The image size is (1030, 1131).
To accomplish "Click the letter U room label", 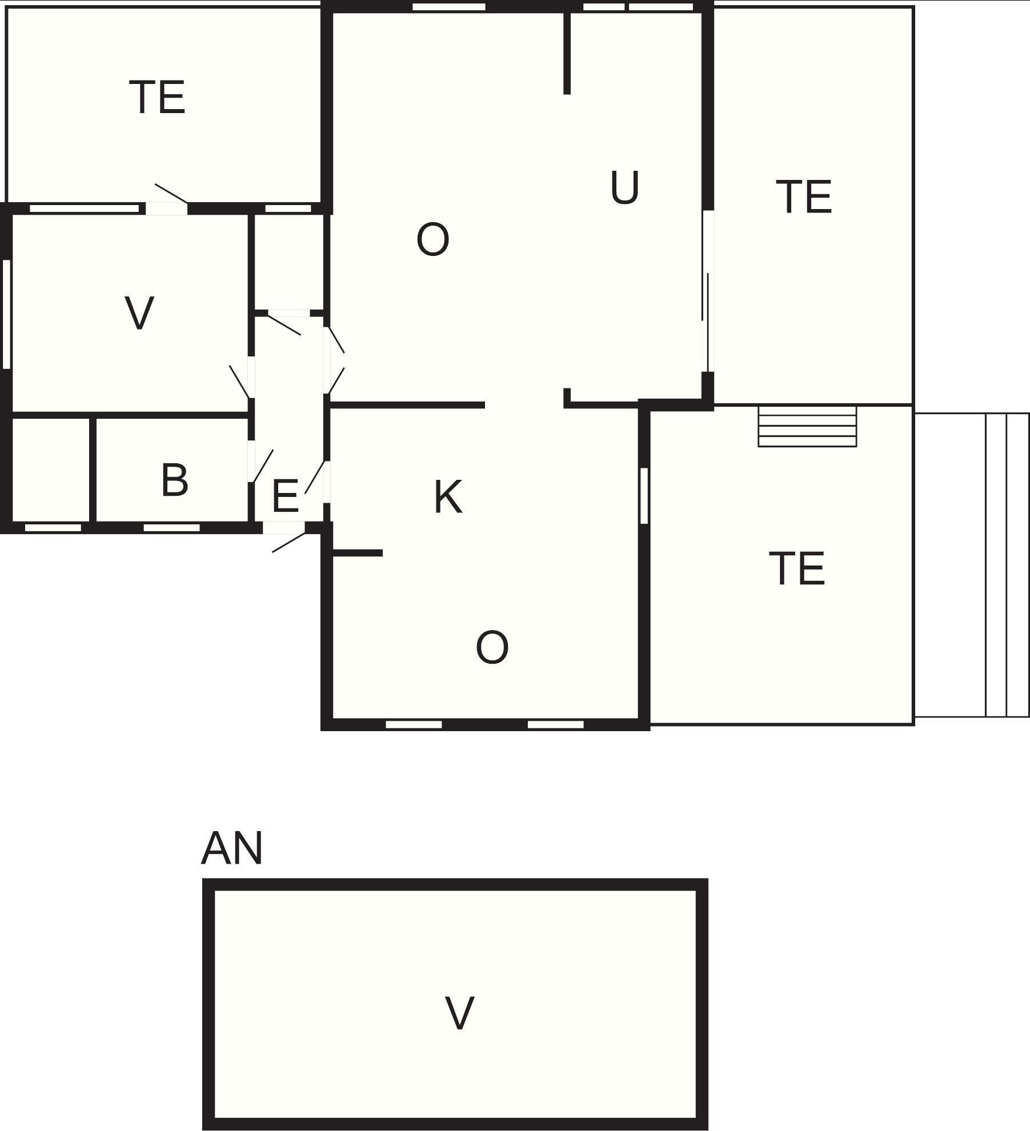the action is tap(624, 187).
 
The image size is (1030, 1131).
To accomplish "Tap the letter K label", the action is tap(448, 497).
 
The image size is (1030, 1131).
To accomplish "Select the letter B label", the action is tap(175, 480).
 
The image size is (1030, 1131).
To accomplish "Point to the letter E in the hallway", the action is tap(285, 496).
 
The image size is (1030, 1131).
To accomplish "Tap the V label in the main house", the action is tap(139, 313).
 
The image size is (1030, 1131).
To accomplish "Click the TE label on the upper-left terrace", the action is tap(158, 97).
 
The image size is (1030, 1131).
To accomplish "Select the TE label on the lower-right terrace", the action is tap(797, 568).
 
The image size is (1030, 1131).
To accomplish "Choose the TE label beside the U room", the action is tap(804, 197).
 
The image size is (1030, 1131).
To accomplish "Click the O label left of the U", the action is tap(433, 240).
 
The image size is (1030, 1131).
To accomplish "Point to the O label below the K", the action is tap(492, 648).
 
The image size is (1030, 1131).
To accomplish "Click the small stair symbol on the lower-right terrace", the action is tap(807, 426).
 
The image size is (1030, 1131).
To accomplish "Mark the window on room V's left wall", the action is tap(7, 314).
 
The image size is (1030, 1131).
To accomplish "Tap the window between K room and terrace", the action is tap(644, 496).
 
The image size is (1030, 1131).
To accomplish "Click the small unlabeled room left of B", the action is tap(51, 470).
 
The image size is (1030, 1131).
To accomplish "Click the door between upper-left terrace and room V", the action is tap(167, 200).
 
